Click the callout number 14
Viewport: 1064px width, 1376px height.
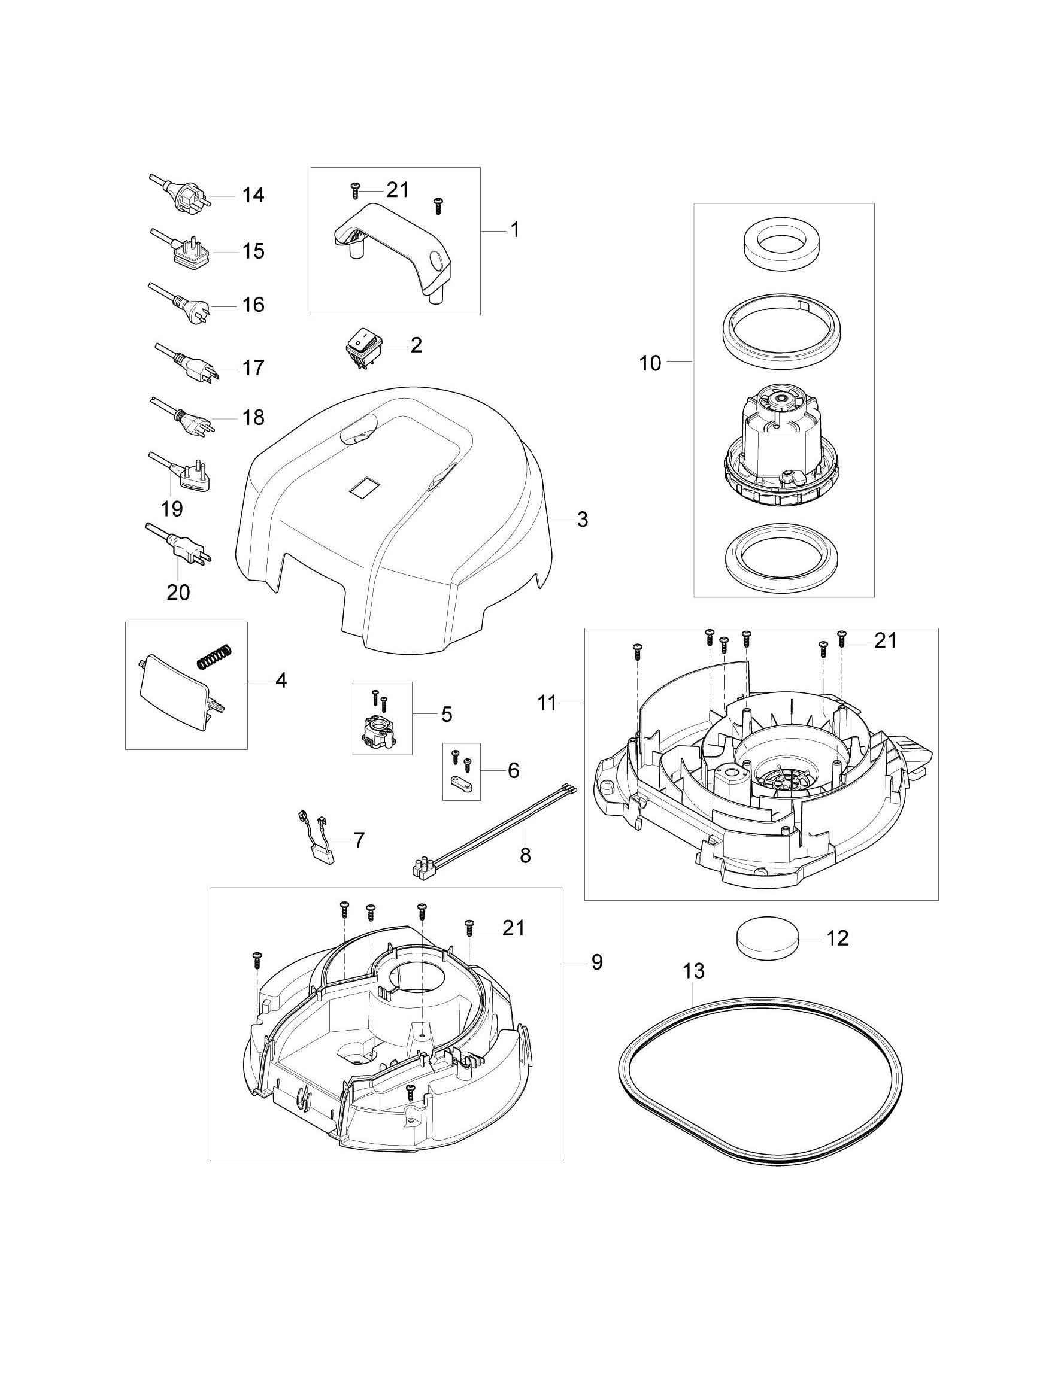pyautogui.click(x=253, y=195)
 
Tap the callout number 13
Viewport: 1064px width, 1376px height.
pyautogui.click(x=693, y=971)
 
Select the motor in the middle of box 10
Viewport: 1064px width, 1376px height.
pyautogui.click(x=781, y=452)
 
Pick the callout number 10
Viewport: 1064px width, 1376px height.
pyautogui.click(x=650, y=363)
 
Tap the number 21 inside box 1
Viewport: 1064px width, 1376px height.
pyautogui.click(x=398, y=190)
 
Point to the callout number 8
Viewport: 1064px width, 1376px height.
pyautogui.click(x=525, y=856)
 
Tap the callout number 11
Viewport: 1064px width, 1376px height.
pyautogui.click(x=547, y=703)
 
